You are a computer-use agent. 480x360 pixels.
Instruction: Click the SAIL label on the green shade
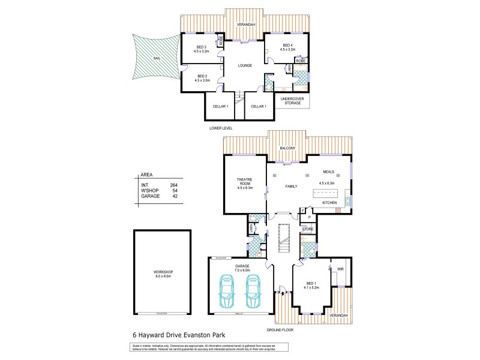(157, 58)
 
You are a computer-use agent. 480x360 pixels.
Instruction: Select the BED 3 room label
(201, 47)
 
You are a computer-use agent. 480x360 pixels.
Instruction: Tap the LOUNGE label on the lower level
(244, 65)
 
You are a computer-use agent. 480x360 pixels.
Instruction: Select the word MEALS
(328, 172)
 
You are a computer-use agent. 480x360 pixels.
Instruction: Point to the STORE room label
(308, 229)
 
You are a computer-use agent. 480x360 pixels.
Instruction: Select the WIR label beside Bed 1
(340, 269)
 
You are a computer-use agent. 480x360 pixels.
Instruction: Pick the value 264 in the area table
(174, 185)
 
